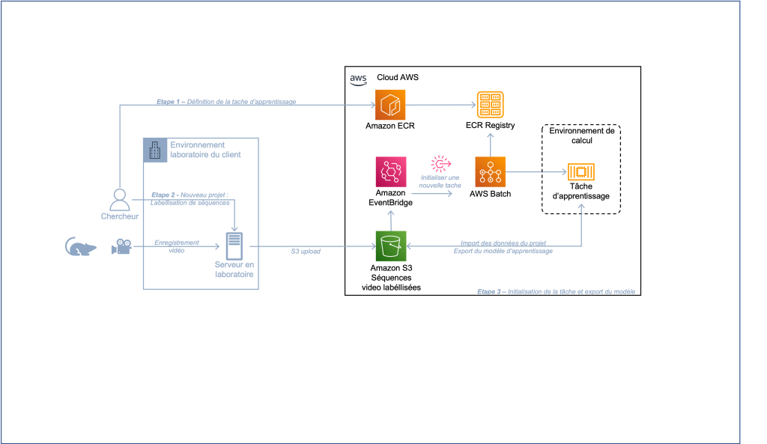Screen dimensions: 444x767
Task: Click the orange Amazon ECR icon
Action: click(389, 104)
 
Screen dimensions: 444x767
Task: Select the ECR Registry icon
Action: click(490, 104)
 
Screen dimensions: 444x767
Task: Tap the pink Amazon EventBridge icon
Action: click(390, 171)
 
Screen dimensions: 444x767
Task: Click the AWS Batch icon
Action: click(490, 171)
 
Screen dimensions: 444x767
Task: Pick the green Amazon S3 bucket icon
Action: click(390, 246)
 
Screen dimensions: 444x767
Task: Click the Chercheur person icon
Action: click(119, 199)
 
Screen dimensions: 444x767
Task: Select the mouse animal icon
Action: click(80, 247)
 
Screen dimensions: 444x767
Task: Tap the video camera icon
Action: click(121, 246)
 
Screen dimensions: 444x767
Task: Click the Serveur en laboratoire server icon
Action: click(234, 246)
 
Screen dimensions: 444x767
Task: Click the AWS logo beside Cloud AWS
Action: click(357, 78)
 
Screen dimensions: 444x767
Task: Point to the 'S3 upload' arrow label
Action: click(306, 252)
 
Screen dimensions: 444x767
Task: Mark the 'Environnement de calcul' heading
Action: click(581, 136)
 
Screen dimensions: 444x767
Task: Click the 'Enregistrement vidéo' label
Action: click(177, 246)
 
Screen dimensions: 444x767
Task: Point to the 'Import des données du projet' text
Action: click(503, 242)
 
